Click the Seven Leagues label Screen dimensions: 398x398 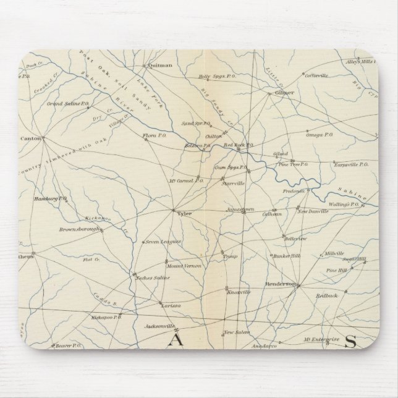click(x=163, y=242)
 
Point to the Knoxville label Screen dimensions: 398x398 click(x=239, y=290)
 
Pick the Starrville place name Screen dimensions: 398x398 click(x=234, y=184)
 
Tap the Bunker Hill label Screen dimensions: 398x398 click(x=287, y=255)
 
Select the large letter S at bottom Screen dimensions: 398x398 click(x=351, y=340)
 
